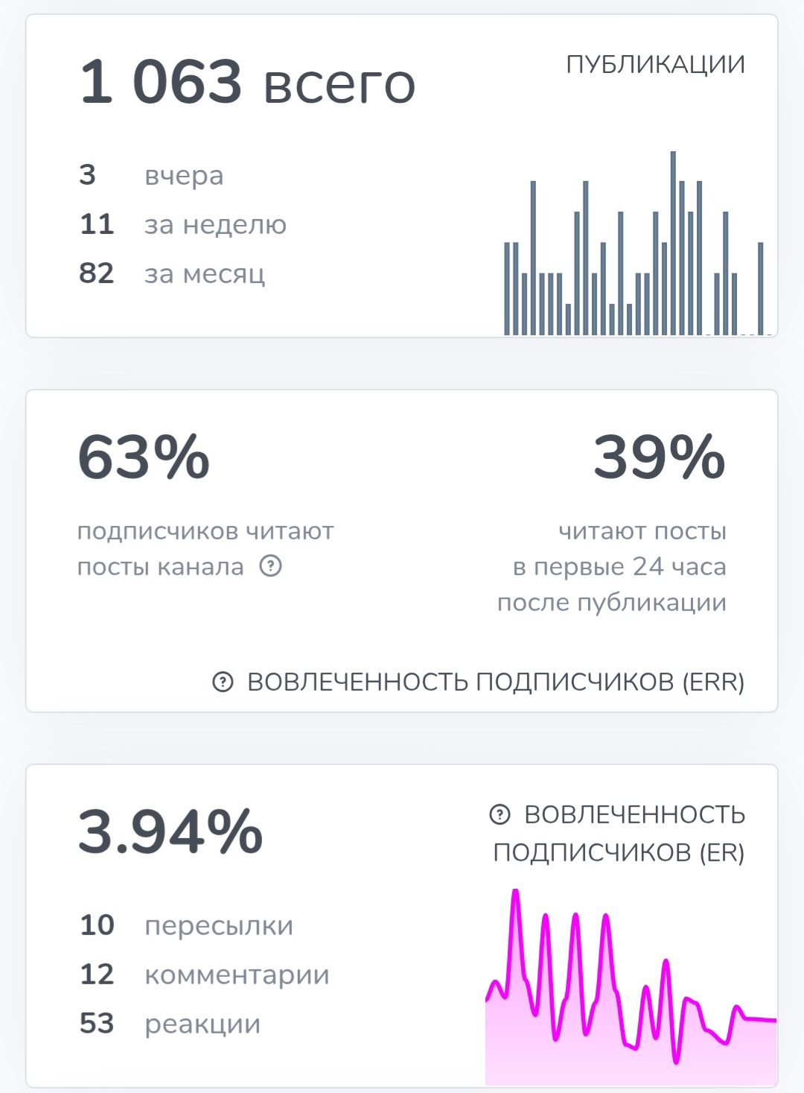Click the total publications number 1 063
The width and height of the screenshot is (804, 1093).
click(161, 81)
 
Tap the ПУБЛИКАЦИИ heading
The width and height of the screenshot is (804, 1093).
click(655, 65)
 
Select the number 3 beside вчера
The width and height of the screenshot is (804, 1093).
click(87, 175)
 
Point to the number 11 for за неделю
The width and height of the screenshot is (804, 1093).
click(97, 224)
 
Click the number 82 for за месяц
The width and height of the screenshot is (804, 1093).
click(97, 273)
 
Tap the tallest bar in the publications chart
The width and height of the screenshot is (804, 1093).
click(673, 242)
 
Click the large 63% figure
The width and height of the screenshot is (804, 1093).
click(144, 457)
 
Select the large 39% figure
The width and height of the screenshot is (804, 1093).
click(659, 457)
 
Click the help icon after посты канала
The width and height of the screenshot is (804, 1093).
click(271, 566)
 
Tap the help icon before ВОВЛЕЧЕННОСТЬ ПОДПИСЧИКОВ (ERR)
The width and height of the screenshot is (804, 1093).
click(223, 682)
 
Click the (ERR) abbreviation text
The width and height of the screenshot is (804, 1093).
click(713, 682)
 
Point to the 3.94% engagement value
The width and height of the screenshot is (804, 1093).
click(170, 831)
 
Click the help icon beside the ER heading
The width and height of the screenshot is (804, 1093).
click(500, 814)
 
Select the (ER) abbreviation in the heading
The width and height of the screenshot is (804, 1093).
click(721, 852)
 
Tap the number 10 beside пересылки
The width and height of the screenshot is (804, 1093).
click(97, 925)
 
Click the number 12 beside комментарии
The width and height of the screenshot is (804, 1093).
click(97, 975)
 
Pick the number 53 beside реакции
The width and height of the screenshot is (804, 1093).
click(97, 1024)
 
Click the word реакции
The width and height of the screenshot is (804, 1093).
click(202, 1024)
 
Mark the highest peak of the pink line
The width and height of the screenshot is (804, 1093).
click(514, 893)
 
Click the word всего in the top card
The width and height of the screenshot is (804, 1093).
click(339, 83)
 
